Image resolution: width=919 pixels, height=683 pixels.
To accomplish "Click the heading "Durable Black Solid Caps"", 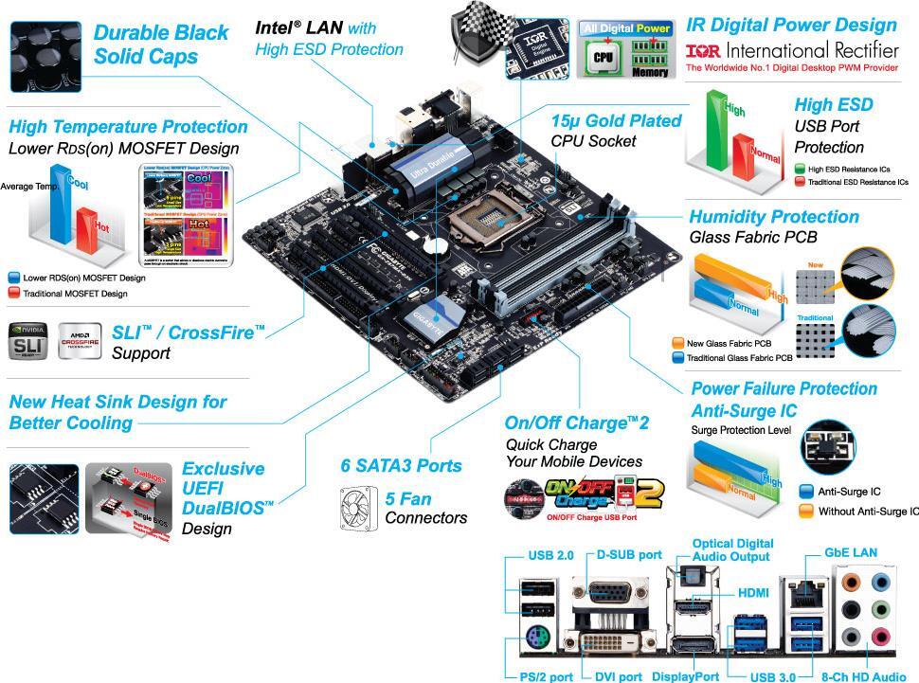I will point(161,45).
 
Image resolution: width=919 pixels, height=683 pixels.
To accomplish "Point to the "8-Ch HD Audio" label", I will point(863,676).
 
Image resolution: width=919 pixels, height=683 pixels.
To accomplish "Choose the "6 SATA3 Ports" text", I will point(402,465).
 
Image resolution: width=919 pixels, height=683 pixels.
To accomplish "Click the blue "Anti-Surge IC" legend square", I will point(806,492).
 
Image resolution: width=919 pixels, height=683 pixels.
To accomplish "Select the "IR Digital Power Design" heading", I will point(791,25).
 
